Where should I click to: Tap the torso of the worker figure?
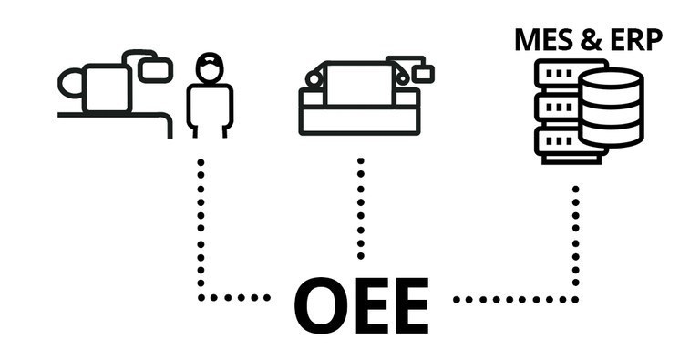point(210,107)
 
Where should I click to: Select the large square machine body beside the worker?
point(107,87)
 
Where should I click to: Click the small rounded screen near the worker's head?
point(157,67)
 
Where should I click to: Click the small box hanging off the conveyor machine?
point(422,72)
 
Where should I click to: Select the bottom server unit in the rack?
point(557,140)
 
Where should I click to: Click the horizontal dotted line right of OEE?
point(515,299)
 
